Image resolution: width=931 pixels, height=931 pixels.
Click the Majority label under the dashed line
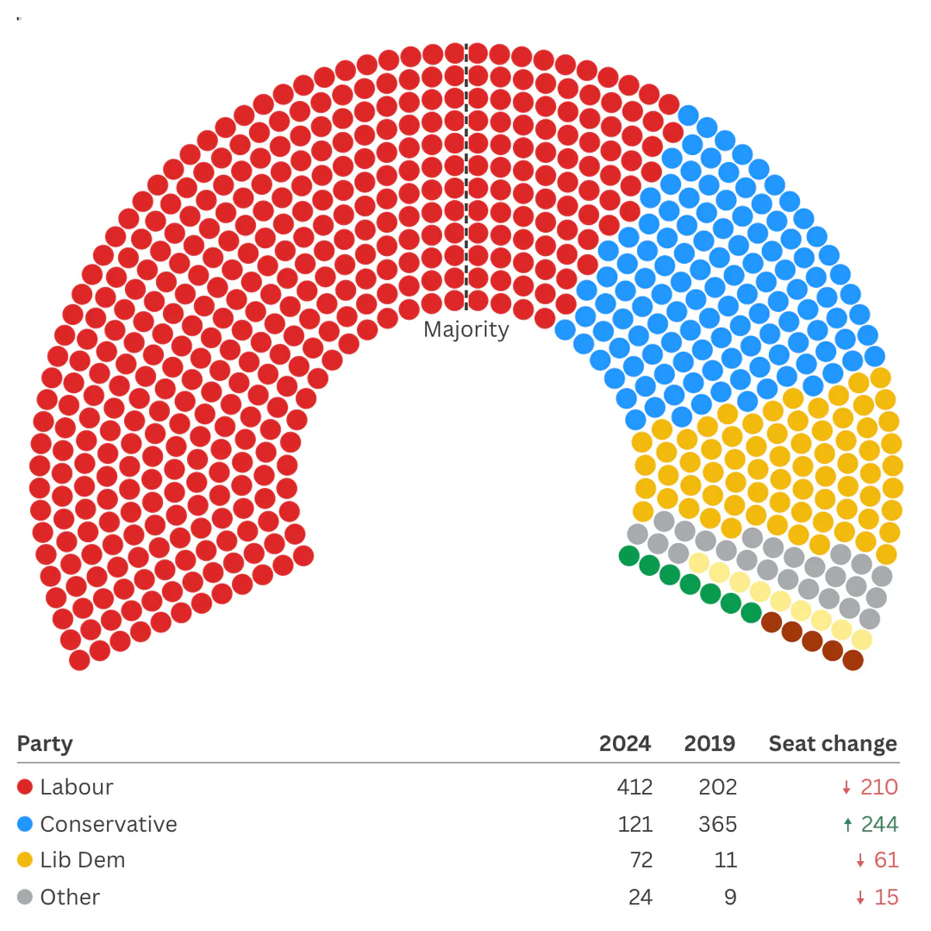(465, 330)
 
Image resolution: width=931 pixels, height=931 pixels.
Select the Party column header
(45, 743)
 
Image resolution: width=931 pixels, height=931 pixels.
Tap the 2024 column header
(625, 743)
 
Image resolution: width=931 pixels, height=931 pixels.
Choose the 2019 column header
(709, 743)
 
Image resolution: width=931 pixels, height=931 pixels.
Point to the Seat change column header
(832, 743)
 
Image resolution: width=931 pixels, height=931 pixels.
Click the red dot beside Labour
(25, 787)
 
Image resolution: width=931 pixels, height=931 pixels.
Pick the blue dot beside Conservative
(25, 824)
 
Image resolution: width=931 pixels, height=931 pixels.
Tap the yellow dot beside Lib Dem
(25, 860)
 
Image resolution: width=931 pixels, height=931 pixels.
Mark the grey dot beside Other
(25, 897)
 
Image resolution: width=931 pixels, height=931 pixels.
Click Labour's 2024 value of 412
(634, 787)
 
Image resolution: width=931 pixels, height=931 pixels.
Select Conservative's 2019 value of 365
(717, 824)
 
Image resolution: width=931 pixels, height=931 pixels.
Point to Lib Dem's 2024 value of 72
(640, 860)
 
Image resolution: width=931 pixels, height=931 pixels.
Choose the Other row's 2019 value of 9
(730, 897)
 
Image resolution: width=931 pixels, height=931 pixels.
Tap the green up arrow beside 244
(847, 825)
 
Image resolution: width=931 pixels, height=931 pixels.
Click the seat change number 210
(878, 787)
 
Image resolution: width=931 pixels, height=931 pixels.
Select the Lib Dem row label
(82, 860)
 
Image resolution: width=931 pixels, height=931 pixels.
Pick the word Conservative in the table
(108, 824)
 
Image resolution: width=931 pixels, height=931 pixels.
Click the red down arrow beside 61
(859, 861)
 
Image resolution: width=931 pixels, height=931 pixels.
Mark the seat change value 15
(885, 897)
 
